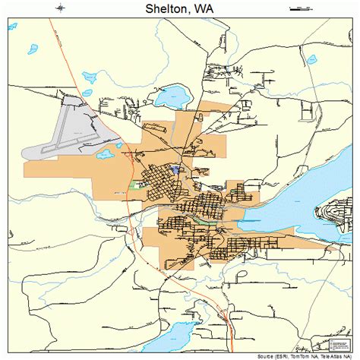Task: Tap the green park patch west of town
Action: (x=136, y=184)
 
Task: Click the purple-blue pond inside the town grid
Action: (x=176, y=169)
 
